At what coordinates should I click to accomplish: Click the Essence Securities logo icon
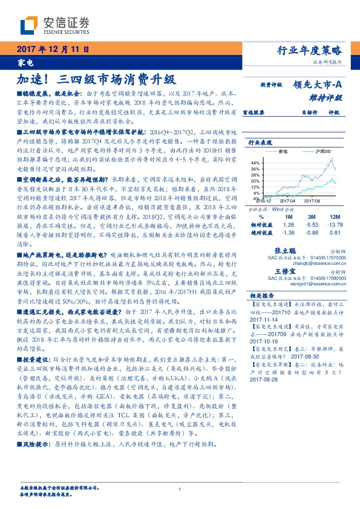(x=30, y=24)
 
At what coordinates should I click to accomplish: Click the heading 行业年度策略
(x=317, y=50)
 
